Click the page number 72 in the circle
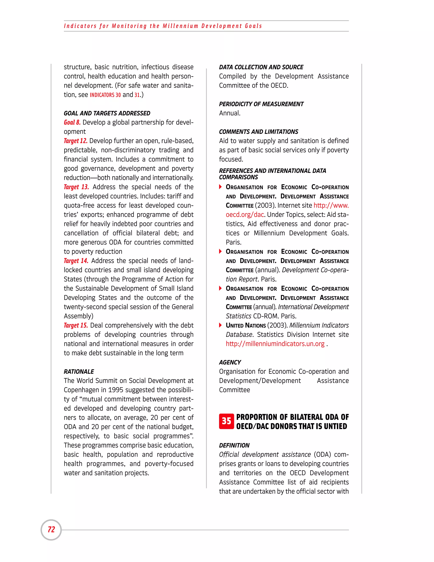tap(51, 530)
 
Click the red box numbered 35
tap(226, 421)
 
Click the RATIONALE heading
tap(79, 372)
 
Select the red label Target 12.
tap(76, 141)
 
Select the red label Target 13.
tap(76, 187)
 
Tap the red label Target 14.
tap(76, 261)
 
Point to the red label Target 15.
tap(76, 326)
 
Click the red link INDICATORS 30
tap(105, 95)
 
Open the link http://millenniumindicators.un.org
tap(275, 344)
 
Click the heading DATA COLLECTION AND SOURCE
tap(261, 67)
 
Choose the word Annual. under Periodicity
tap(230, 113)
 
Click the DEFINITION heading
tap(234, 445)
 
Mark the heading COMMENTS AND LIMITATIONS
tap(258, 132)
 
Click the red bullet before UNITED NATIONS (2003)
tap(220, 325)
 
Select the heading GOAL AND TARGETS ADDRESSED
tap(107, 113)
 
